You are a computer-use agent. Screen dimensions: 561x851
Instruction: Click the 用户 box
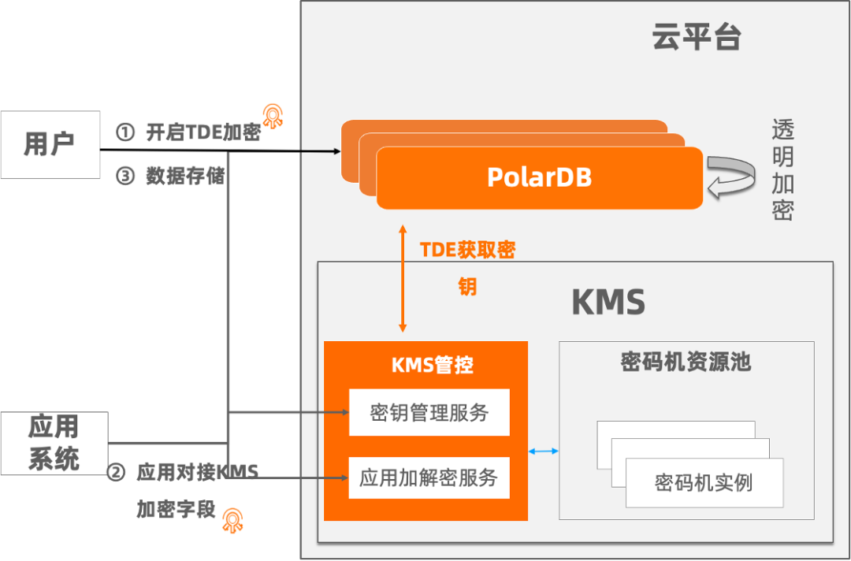(x=50, y=144)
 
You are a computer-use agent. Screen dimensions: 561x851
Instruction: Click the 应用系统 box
(x=54, y=443)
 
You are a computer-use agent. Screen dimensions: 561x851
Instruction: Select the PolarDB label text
(x=539, y=176)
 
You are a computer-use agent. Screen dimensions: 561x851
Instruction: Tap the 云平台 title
(x=697, y=37)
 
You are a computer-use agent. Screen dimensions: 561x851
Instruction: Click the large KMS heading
(x=608, y=303)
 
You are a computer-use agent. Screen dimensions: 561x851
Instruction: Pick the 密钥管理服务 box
(x=429, y=412)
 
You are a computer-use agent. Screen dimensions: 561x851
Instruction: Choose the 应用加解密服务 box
(x=429, y=477)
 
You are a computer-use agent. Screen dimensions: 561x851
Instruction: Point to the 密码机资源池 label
(x=686, y=362)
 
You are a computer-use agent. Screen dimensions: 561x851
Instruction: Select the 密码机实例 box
(x=704, y=482)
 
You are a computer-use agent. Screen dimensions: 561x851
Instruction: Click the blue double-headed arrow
(x=544, y=451)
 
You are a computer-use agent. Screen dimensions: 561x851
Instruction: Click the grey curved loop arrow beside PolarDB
(x=730, y=177)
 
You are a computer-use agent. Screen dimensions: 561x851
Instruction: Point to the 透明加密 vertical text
(x=782, y=169)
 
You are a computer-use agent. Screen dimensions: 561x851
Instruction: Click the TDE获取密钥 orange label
(x=467, y=267)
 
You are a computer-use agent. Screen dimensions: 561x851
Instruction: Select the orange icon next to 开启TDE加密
(x=274, y=116)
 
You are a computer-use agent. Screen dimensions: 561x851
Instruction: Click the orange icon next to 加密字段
(x=234, y=521)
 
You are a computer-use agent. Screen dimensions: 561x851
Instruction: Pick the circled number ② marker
(x=116, y=472)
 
